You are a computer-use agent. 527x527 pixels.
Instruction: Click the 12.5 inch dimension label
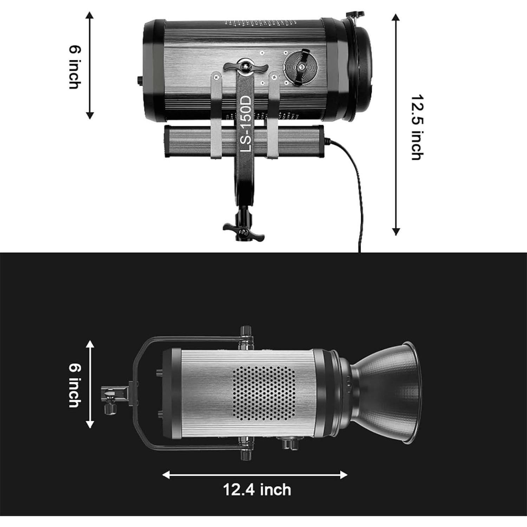point(417,127)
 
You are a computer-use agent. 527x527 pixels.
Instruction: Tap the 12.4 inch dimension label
point(257,489)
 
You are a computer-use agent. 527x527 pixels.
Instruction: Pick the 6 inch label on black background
point(74,385)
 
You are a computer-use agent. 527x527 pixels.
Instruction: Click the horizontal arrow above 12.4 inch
point(255,475)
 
